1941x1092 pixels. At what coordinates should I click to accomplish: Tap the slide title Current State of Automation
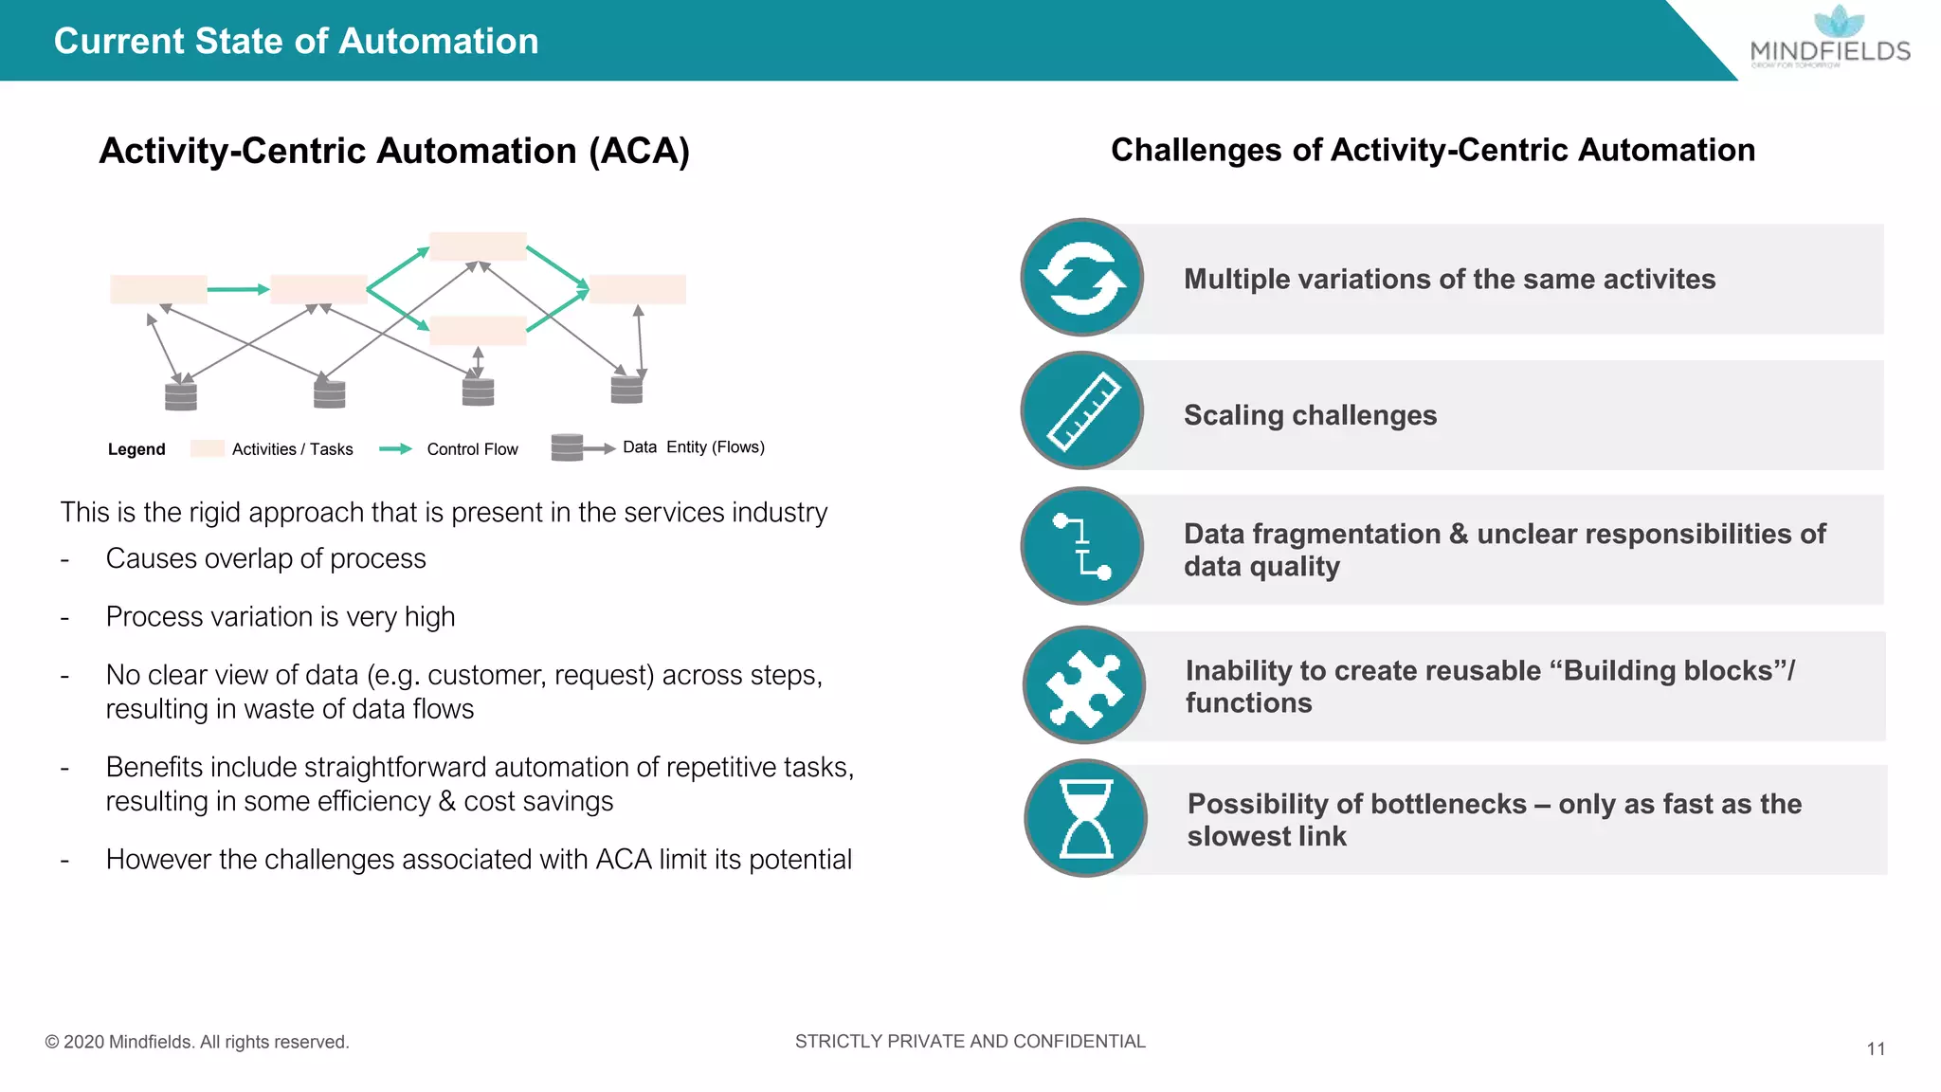[296, 42]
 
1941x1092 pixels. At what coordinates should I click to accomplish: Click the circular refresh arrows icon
[1082, 278]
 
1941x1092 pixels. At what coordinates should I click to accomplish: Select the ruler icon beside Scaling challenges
[1082, 411]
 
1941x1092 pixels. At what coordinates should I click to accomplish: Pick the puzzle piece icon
[1084, 685]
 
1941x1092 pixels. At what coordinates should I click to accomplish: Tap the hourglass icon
[1085, 819]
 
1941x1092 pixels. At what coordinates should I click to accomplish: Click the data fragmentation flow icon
[1082, 547]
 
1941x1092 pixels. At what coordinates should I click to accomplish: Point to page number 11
[1876, 1048]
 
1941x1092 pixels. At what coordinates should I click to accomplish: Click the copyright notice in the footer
[197, 1042]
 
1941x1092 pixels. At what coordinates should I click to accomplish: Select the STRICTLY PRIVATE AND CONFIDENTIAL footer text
[970, 1041]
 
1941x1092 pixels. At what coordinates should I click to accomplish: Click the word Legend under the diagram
[136, 449]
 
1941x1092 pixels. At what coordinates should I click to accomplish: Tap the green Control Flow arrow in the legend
[395, 448]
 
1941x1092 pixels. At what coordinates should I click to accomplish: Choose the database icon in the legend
[567, 447]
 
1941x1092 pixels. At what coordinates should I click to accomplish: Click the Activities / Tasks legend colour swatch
[207, 448]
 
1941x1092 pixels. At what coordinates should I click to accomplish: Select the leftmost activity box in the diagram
[158, 289]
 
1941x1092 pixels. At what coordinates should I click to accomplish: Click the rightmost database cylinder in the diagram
[626, 389]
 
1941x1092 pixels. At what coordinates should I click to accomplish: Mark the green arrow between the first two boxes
[238, 289]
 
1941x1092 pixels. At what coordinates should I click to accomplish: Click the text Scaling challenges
[1310, 415]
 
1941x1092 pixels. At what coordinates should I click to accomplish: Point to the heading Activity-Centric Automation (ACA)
[394, 151]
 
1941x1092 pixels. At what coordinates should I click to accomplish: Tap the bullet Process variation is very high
[281, 617]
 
